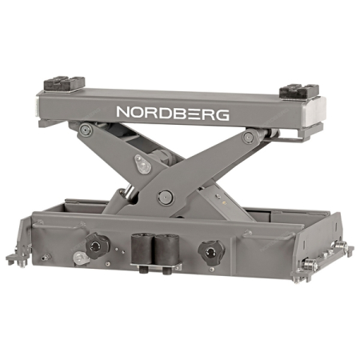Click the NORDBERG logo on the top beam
pos(173,112)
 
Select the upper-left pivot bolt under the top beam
pos(86,130)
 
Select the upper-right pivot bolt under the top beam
pos(249,138)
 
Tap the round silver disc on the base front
pos(79,258)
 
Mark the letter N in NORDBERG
pos(124,111)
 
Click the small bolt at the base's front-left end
pos(46,258)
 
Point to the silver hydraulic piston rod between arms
pos(127,192)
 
